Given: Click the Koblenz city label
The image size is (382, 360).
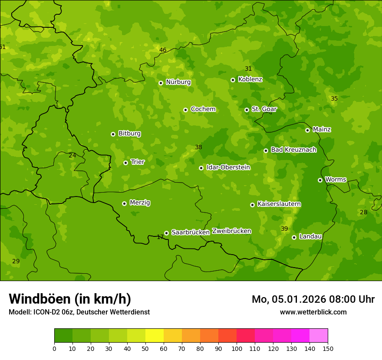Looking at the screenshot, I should tap(250, 79).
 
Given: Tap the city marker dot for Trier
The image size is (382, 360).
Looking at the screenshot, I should tap(125, 163).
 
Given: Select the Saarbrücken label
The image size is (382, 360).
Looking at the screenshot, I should tap(191, 232).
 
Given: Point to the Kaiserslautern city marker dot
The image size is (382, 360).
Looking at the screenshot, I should tap(252, 205).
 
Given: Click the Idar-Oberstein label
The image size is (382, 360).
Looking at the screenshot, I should tap(228, 167).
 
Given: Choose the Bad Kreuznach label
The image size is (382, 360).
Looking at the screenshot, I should tap(293, 150).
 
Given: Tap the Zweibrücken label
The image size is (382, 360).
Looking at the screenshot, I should tap(231, 231).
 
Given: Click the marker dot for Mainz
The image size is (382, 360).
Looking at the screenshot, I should tap(307, 130).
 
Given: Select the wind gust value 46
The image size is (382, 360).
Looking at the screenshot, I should tap(163, 50).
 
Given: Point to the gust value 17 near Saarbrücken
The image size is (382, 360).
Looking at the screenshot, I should tap(160, 237).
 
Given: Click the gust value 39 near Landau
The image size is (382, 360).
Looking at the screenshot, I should tap(284, 229).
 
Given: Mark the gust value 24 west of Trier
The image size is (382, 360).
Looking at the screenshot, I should tap(72, 155).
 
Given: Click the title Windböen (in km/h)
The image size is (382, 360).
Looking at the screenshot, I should tap(70, 299).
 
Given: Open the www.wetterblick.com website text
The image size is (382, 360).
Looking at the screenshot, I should tap(313, 312).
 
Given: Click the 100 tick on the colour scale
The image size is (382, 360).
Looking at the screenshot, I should tap(237, 348).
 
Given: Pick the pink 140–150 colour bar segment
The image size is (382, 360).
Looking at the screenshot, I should tap(319, 336).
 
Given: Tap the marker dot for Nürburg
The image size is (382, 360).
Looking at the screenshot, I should tap(161, 83).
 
